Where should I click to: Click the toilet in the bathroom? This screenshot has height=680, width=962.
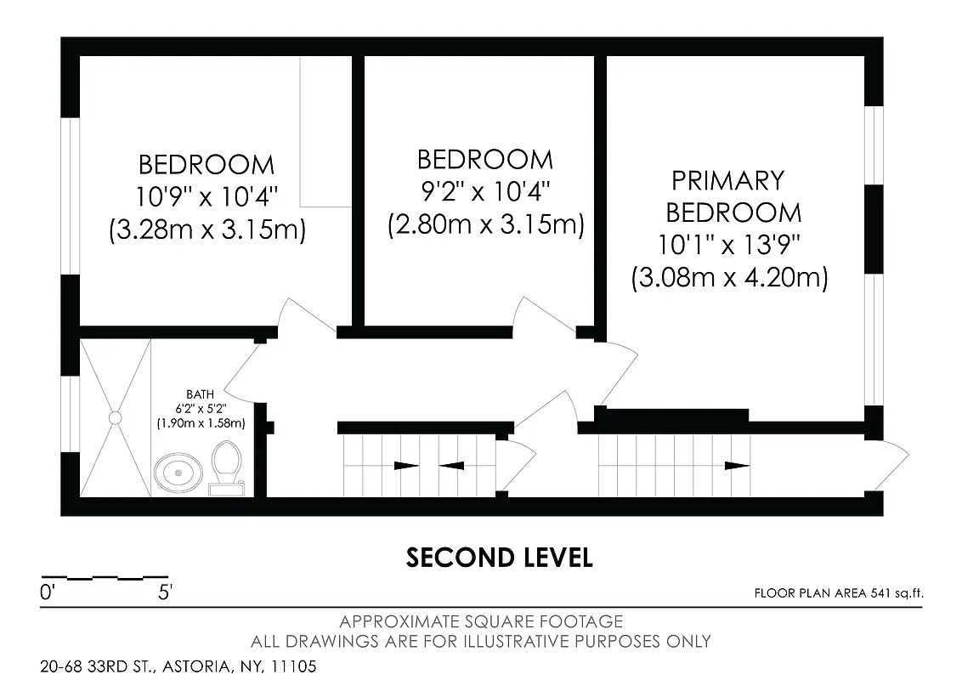pos(227,466)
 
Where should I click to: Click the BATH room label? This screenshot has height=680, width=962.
pos(201,394)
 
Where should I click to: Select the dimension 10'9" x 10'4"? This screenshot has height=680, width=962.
pos(207,197)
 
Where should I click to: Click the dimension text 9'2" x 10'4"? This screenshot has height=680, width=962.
pos(484,192)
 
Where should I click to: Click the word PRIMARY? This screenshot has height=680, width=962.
pos(727,180)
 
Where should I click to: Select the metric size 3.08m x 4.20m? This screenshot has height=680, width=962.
pos(729,277)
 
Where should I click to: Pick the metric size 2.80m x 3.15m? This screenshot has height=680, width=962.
pos(485,225)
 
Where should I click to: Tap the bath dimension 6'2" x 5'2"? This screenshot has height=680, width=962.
pos(201,408)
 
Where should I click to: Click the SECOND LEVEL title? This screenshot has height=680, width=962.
pos(499,558)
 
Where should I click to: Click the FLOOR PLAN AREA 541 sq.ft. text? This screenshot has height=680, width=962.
pos(838,593)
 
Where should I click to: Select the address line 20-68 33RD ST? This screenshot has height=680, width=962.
pos(178,666)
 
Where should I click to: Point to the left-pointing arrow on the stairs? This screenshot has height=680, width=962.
pos(451,465)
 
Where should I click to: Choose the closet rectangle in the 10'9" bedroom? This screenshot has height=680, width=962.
pos(325,132)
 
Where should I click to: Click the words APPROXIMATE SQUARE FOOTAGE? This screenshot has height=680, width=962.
pos(481,622)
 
